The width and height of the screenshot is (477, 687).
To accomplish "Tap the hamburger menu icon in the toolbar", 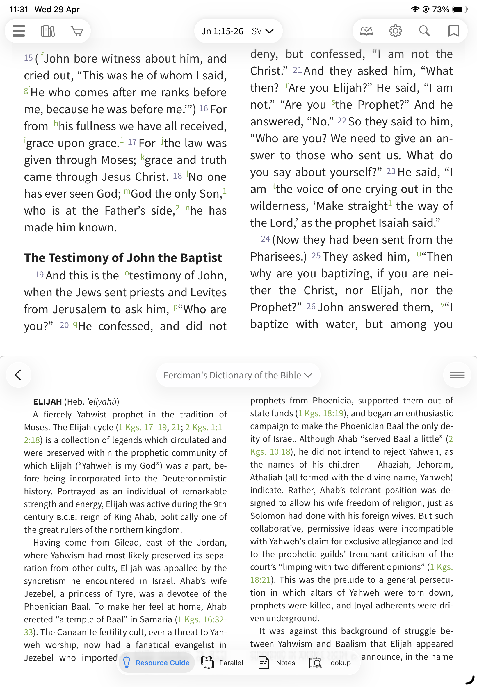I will coord(19,31).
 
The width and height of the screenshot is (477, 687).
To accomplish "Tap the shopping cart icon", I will coord(77,31).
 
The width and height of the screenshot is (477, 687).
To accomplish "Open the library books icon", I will coord(48,31).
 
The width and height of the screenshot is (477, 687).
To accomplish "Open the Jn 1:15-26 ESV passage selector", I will coord(238,31).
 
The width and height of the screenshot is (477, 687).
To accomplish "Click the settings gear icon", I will coord(395,31).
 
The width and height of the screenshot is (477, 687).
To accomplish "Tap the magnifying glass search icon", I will coord(424,31).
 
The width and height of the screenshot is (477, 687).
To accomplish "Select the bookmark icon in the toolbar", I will coord(453,31).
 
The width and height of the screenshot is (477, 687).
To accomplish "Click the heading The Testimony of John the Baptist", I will coord(123,258).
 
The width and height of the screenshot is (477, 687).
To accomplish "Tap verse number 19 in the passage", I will coord(39,275).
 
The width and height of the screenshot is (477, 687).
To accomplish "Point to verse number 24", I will coord(265,239).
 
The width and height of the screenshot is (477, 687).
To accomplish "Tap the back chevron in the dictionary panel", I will coord(19,375).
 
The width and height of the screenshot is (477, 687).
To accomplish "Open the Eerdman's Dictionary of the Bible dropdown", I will coord(238,375).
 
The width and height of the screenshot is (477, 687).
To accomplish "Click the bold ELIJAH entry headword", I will coord(47,402).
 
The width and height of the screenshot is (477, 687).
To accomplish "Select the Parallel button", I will coord(223,663).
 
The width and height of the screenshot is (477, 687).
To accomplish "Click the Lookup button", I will coord(330,663).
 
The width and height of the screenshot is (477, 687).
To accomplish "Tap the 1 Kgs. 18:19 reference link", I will coord(321,413).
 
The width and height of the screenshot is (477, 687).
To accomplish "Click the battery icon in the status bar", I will coord(460,9).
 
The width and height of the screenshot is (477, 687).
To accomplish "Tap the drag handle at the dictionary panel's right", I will coord(457,375).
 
